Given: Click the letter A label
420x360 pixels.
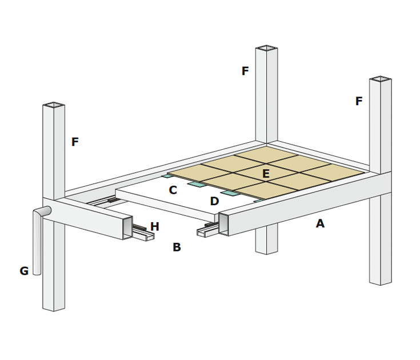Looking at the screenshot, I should [320, 224].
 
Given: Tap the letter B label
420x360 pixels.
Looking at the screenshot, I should [177, 247].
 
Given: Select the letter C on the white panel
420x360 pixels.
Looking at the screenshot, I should [173, 190].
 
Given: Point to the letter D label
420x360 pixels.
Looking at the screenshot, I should [214, 201].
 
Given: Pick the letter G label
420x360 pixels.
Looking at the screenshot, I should [24, 271].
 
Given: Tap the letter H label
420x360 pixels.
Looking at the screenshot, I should [155, 227].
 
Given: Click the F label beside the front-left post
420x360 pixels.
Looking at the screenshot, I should [75, 142].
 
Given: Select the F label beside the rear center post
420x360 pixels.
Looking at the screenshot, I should [245, 71].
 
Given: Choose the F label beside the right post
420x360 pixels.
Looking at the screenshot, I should [359, 102].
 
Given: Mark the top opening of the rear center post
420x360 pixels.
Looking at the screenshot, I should [267, 48].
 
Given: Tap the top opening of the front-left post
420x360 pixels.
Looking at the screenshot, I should [54, 105].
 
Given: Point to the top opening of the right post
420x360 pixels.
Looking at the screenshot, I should [380, 79].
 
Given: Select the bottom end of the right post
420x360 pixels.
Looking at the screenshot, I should [380, 282].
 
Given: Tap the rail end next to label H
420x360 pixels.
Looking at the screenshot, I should [143, 235].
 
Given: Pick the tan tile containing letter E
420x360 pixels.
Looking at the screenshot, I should [267, 171].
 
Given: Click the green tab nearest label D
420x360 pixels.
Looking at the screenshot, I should [230, 193].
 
